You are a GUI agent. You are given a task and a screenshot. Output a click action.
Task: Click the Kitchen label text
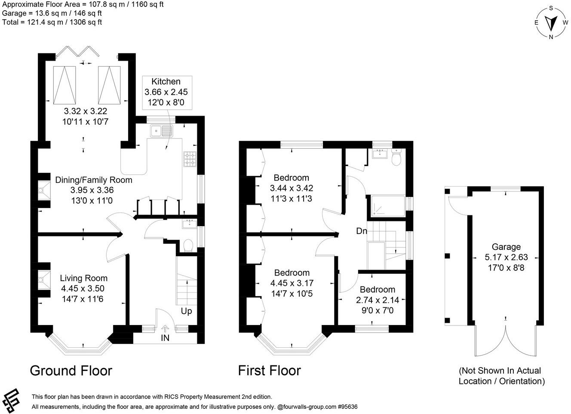(x=166, y=82)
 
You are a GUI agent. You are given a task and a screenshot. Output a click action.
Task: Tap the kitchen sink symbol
(x=161, y=131)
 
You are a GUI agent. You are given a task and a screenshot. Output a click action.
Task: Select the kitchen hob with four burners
(x=190, y=159)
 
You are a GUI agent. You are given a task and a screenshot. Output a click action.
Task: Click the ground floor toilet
(x=188, y=245)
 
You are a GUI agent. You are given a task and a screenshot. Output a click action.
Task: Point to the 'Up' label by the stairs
(x=186, y=311)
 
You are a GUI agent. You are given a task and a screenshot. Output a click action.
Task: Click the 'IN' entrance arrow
(x=165, y=329)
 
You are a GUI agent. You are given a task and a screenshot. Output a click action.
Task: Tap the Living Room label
(x=83, y=278)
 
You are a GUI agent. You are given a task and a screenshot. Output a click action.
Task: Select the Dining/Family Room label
(x=93, y=180)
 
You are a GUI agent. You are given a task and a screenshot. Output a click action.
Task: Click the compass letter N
(x=551, y=37)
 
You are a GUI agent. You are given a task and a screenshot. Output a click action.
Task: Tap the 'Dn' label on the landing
(x=362, y=231)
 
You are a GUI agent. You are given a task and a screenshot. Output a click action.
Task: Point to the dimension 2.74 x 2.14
(x=378, y=300)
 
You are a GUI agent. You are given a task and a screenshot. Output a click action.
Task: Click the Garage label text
(x=506, y=247)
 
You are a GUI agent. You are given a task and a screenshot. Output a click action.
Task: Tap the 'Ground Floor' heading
(x=71, y=371)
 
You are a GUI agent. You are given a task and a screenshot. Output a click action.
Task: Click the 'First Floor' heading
(x=270, y=371)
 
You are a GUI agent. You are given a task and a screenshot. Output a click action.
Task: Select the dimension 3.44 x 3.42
(x=292, y=188)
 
